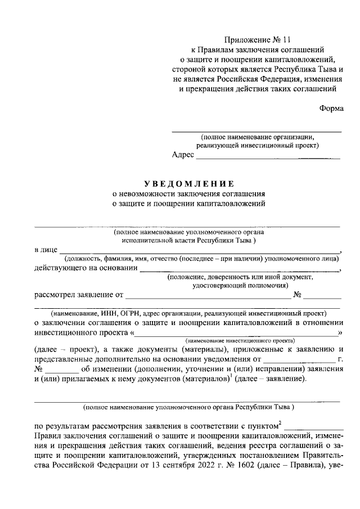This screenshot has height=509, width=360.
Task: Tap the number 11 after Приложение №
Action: coord(287,39)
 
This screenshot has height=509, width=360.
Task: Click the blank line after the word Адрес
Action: coord(268,158)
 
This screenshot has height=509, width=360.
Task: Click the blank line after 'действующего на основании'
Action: coord(240,270)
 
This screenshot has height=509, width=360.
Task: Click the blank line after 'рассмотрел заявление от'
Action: coord(207,295)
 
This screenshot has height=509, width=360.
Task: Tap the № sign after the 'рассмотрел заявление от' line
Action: coord(299,293)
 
